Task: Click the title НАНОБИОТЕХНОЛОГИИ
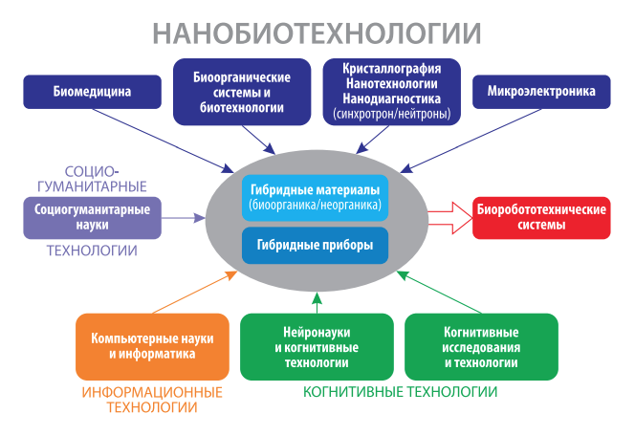point(317,33)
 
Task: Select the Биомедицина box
point(92,93)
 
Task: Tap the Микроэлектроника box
point(541,93)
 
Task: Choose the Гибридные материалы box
point(315,197)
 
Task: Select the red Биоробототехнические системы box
point(541,217)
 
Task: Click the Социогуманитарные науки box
point(92,217)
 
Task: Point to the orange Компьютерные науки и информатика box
point(152,347)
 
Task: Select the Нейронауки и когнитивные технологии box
point(316,347)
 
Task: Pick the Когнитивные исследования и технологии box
point(481,347)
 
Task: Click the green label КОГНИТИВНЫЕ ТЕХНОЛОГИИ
point(400,392)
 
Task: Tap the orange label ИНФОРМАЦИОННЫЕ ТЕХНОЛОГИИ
point(152,400)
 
